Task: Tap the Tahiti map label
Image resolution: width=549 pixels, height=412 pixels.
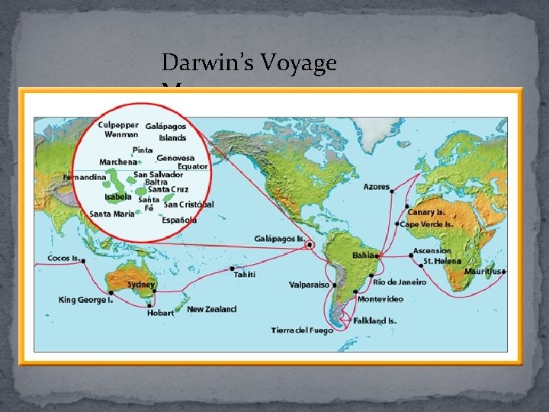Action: (244, 274)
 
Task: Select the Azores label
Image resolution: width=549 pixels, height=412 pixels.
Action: (377, 187)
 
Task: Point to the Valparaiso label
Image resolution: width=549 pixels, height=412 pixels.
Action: (310, 285)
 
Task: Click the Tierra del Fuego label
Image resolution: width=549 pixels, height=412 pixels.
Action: (302, 330)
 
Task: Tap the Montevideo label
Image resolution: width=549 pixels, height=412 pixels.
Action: (380, 298)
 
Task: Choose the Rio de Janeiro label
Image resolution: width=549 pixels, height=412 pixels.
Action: (400, 282)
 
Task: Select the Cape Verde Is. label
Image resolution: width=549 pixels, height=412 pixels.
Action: (427, 224)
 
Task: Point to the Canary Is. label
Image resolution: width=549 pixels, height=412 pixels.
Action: (429, 212)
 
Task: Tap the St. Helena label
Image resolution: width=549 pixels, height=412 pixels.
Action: (442, 261)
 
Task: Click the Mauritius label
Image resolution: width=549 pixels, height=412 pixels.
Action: (483, 271)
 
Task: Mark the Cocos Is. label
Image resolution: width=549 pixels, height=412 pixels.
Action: (64, 258)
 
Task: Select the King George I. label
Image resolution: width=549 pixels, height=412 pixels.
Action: (85, 300)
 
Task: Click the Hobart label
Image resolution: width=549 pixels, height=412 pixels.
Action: (160, 313)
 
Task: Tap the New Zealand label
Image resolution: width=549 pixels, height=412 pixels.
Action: (212, 309)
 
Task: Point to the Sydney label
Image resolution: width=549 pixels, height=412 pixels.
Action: (141, 285)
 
